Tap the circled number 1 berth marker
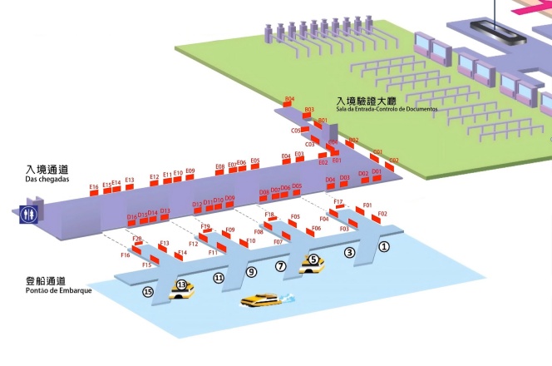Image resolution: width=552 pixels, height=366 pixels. (x=383, y=246)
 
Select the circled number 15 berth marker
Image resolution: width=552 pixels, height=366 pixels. (x=148, y=291)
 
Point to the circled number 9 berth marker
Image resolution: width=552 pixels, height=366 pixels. (x=251, y=272)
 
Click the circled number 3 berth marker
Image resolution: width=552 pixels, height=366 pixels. (x=349, y=252)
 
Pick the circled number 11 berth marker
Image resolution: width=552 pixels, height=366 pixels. (x=219, y=278)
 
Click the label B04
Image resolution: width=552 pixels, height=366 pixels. (x=289, y=99)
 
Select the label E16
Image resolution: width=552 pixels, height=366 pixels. (x=94, y=187)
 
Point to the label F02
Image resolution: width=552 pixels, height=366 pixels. (x=382, y=214)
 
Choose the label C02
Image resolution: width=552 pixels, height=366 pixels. (x=394, y=160)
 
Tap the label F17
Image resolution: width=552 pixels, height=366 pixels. (x=338, y=202)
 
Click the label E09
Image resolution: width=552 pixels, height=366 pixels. (x=190, y=171)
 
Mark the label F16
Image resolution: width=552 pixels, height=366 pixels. (x=126, y=256)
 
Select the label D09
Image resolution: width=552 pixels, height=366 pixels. (x=229, y=198)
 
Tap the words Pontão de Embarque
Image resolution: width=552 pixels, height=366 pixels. (x=55, y=291)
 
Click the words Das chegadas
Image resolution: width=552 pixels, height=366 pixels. (x=47, y=180)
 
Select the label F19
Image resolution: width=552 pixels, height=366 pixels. (x=205, y=226)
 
